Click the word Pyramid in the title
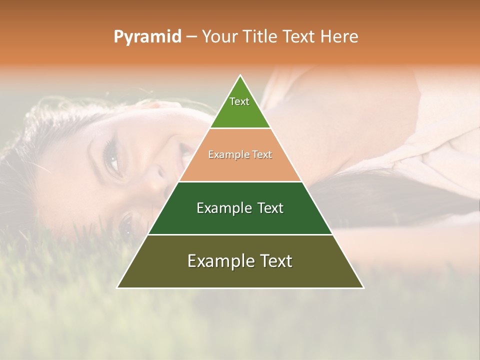(147, 37)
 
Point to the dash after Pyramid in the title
(191, 37)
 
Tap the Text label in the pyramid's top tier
(239, 101)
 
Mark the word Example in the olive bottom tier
(219, 261)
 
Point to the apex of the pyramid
(240, 75)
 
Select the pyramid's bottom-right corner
(363, 287)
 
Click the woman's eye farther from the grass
(112, 158)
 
